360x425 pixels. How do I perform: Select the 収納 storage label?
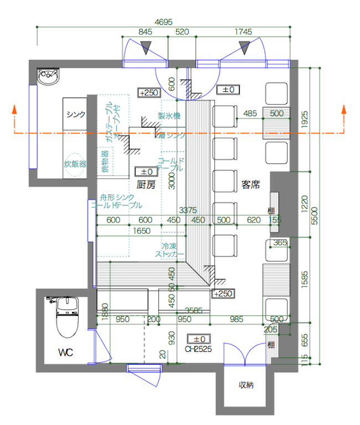(246, 385)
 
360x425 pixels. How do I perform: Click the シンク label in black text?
(76, 115)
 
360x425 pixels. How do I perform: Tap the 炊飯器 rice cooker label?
(75, 164)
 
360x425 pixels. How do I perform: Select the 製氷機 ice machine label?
(169, 116)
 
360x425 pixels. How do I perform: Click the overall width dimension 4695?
(163, 22)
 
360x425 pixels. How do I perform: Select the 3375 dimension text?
(188, 210)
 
